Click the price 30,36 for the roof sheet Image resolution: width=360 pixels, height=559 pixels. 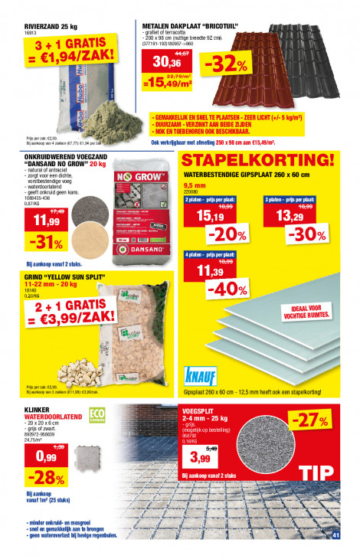162,62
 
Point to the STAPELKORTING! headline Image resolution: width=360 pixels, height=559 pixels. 258,161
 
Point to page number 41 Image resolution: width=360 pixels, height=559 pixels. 335,534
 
